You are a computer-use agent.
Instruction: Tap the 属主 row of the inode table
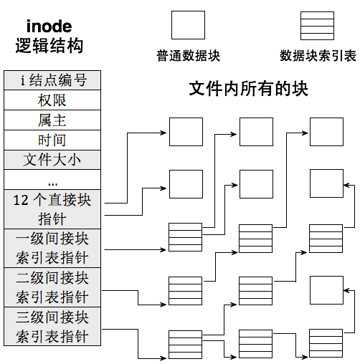pyautogui.click(x=52, y=120)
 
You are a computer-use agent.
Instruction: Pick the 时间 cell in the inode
pyautogui.click(x=52, y=139)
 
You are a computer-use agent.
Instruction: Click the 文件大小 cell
pyautogui.click(x=52, y=159)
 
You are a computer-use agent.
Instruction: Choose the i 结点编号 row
pyautogui.click(x=52, y=80)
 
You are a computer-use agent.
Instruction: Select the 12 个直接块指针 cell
pyautogui.click(x=52, y=209)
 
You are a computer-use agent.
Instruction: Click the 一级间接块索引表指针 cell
pyautogui.click(x=52, y=248)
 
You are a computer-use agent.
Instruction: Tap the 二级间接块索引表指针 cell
pyautogui.click(x=52, y=287)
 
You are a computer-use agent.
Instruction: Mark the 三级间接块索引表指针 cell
pyautogui.click(x=52, y=327)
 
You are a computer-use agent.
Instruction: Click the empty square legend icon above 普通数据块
pyautogui.click(x=188, y=25)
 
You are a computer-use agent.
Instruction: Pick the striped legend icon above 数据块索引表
pyautogui.click(x=318, y=25)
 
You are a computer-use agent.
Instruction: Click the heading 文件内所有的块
pyautogui.click(x=248, y=89)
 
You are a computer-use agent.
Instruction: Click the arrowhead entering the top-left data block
pyautogui.click(x=166, y=132)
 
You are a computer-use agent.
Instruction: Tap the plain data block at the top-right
pyautogui.click(x=326, y=133)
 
